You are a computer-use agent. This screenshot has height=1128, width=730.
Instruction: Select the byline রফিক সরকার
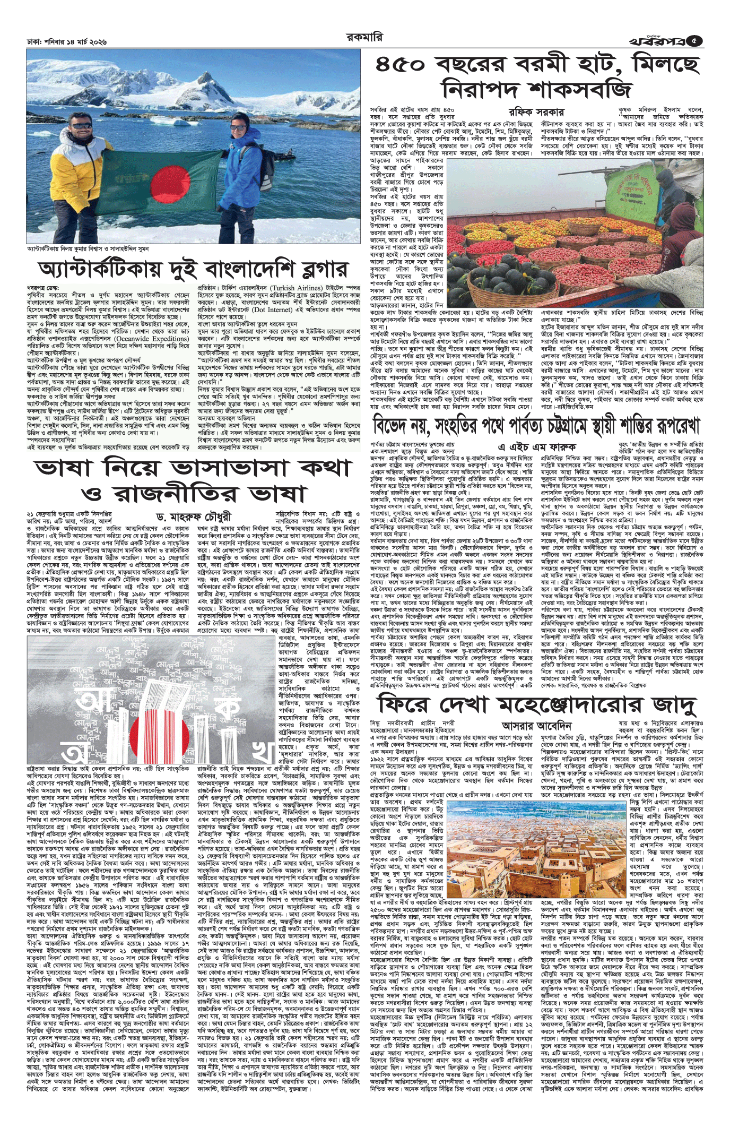[536, 113]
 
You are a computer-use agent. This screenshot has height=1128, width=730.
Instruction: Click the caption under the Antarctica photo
[88, 248]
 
